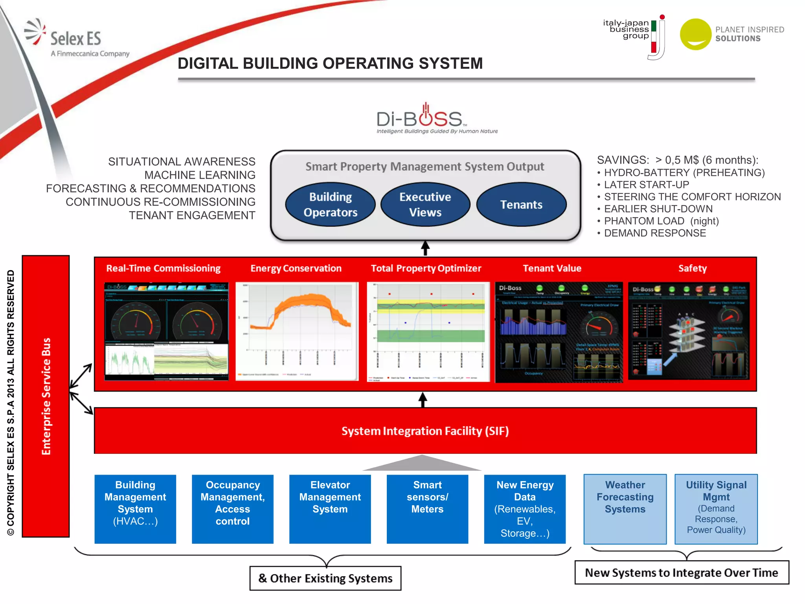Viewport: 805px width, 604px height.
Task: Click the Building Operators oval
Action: click(330, 204)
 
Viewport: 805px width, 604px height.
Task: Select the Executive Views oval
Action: click(425, 204)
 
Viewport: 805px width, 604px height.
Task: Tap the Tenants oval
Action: click(521, 204)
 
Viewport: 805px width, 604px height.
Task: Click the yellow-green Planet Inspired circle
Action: click(695, 34)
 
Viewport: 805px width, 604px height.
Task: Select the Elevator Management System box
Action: click(330, 509)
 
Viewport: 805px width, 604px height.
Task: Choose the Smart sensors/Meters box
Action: click(427, 509)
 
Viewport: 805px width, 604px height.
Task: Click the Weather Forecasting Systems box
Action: click(625, 509)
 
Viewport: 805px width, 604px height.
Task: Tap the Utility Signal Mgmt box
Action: click(716, 509)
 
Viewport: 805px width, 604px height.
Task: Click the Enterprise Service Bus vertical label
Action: click(46, 396)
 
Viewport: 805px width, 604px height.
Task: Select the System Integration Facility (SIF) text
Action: click(425, 431)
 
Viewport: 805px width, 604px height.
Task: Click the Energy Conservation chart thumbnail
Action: click(297, 331)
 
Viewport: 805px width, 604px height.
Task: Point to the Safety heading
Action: click(692, 268)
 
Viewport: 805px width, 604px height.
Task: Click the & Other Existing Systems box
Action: click(325, 578)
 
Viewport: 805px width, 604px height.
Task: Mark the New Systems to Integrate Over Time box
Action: click(681, 573)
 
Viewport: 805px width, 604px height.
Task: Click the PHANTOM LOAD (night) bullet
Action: click(661, 221)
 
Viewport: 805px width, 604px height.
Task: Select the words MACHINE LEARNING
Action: click(200, 175)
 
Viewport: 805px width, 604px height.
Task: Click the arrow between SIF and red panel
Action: click(423, 400)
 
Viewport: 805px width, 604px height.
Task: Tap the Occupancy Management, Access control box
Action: click(232, 509)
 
